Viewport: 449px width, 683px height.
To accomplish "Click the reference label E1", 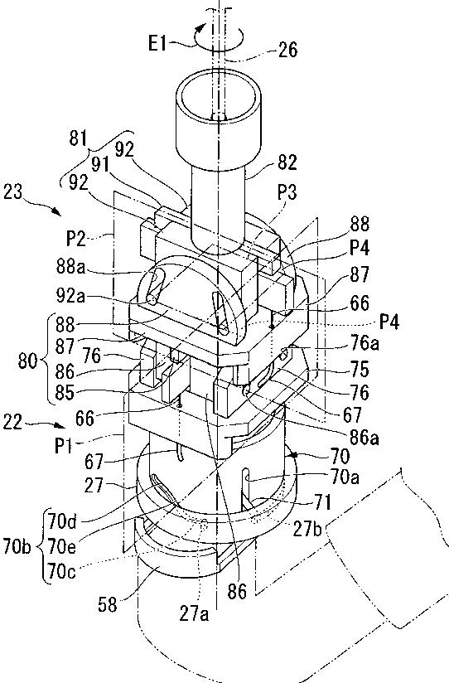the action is pos(157,43).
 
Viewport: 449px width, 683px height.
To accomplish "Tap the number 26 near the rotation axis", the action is pos(287,50).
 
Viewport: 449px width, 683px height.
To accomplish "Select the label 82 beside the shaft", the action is pos(287,162).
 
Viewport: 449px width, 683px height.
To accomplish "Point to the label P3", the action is pos(287,191).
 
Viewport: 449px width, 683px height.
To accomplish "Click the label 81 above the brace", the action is pos(79,139).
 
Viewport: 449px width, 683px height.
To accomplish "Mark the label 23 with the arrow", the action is pos(12,191).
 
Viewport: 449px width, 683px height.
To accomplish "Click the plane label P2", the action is pos(76,239).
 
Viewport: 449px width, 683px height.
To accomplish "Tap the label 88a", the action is pos(70,267).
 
